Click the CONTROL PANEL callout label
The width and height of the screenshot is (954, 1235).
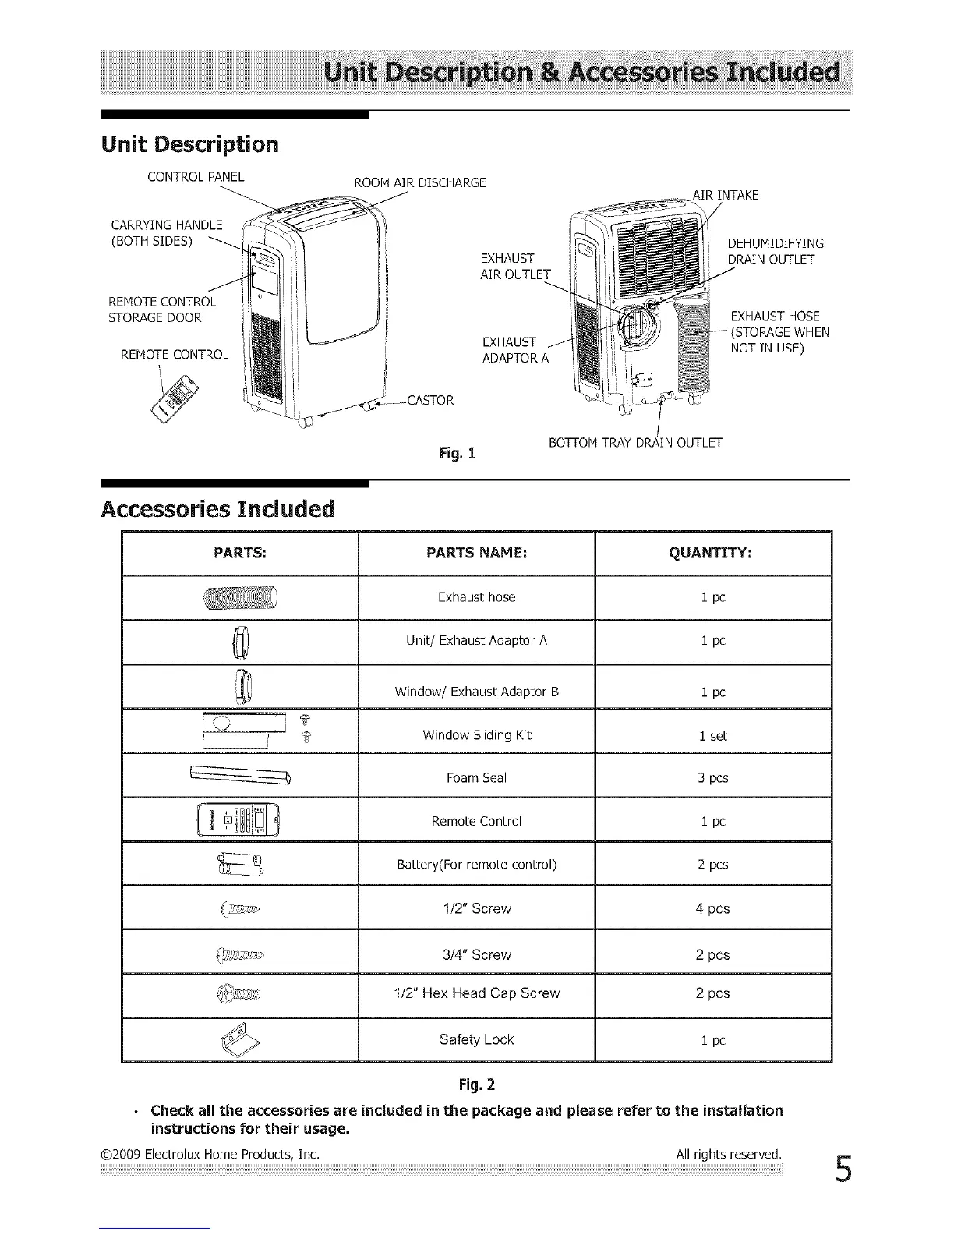[x=196, y=176]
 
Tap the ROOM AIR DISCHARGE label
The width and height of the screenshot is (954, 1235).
[x=419, y=183]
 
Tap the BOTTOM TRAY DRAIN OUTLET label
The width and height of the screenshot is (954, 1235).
[x=635, y=444]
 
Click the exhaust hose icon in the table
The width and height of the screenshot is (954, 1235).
[x=240, y=598]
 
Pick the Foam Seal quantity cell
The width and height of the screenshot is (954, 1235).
[x=712, y=778]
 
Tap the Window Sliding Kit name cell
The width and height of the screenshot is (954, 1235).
[x=476, y=735]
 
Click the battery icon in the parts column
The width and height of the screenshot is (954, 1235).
[x=240, y=865]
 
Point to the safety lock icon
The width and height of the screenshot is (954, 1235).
[x=239, y=1039]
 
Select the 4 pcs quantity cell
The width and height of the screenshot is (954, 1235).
[x=712, y=909]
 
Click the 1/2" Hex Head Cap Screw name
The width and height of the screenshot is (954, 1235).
[x=476, y=994]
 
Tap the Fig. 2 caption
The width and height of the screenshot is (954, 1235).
[x=476, y=1085]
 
